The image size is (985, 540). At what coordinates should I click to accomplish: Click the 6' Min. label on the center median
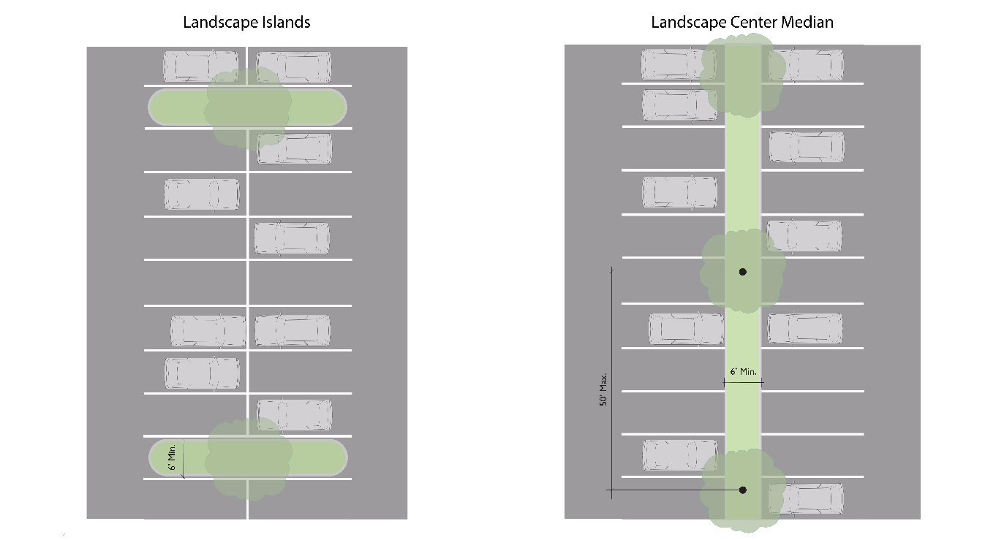(x=742, y=372)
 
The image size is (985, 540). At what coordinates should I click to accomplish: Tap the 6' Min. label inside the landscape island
(x=173, y=457)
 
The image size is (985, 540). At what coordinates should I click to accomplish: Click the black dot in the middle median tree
(x=743, y=272)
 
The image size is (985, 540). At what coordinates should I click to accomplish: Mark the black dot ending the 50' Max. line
(x=743, y=490)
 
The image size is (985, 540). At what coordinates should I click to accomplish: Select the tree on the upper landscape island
(x=245, y=108)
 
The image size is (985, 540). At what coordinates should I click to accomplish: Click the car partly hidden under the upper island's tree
(x=294, y=149)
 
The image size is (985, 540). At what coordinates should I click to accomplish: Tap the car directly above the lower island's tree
(x=294, y=415)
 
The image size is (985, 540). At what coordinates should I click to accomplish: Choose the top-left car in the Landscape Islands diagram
(x=200, y=66)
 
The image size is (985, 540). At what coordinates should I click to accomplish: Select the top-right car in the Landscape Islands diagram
(x=294, y=66)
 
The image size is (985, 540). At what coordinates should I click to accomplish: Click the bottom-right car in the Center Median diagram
(x=806, y=498)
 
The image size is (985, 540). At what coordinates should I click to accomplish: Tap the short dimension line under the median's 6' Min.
(x=743, y=381)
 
